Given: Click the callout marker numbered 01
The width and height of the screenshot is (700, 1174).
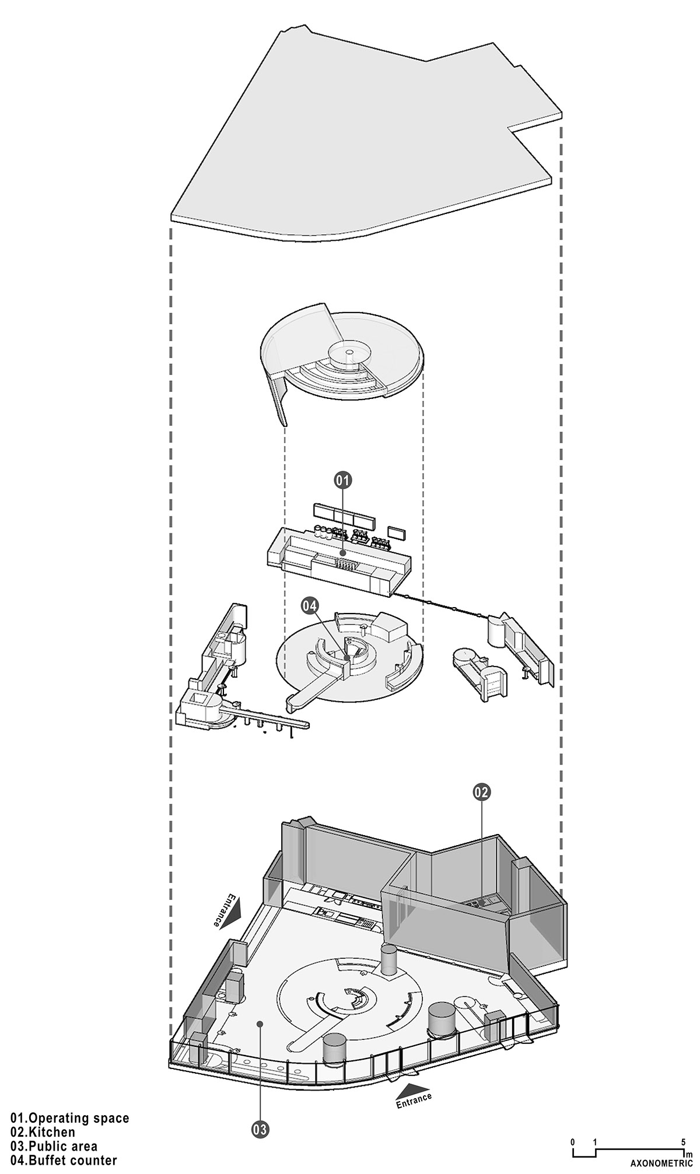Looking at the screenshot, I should point(343,480).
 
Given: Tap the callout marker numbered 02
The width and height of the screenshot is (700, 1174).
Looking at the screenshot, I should point(482,792).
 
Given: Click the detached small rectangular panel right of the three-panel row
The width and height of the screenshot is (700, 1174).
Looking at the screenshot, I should point(398,531).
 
